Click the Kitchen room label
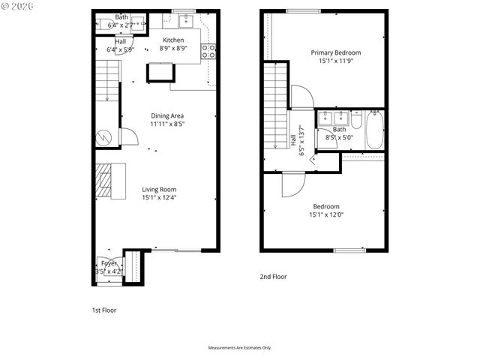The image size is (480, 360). tap(174, 40)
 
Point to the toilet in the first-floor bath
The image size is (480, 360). tap(102, 23)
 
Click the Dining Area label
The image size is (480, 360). tap(167, 115)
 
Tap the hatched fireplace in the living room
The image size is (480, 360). tap(104, 181)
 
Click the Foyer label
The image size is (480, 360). tap(109, 263)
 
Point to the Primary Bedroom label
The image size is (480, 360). tap(336, 52)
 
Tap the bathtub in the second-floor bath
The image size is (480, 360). tap(375, 130)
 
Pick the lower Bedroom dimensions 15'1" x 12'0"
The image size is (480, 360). tap(325, 214)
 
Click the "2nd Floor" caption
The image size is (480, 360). tap(273, 277)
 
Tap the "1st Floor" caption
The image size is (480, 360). tap(103, 310)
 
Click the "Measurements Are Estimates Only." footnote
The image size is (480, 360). tap(239, 348)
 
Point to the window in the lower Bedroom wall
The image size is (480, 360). tap(349, 250)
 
